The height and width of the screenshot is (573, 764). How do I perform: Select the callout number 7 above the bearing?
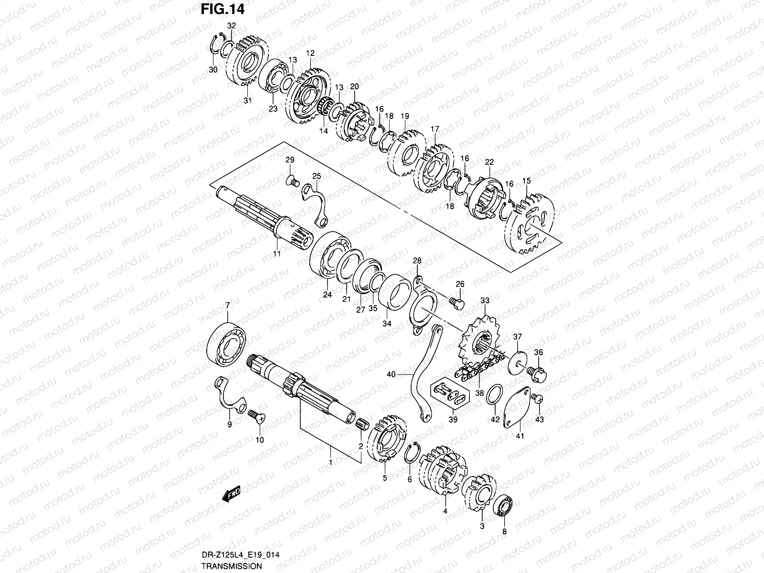click(227, 305)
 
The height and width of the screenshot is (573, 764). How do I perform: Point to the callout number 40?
click(391, 375)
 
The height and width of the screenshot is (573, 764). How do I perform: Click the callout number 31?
click(247, 100)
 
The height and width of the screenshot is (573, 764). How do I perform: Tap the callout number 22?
click(488, 162)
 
